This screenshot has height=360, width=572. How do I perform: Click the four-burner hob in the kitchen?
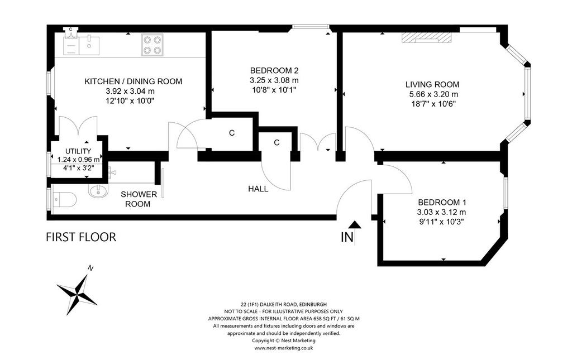[x=152, y=45]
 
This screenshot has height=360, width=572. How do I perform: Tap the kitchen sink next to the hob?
[x=89, y=45]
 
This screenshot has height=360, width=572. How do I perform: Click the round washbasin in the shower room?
[x=98, y=191]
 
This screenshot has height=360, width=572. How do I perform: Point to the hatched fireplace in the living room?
[x=427, y=37]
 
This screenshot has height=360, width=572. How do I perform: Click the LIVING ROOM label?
[x=432, y=84]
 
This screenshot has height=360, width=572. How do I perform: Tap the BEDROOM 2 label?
[x=274, y=70]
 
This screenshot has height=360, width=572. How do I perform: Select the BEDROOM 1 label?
[x=442, y=202]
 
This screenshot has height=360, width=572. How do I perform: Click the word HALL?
[x=258, y=189]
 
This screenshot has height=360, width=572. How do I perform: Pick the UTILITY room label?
[x=78, y=151]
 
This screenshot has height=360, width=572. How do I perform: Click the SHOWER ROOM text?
[x=139, y=199]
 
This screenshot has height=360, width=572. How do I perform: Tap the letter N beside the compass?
[x=90, y=268]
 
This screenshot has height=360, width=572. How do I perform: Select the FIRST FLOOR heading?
[x=81, y=237]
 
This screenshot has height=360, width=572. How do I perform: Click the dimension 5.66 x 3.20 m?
[x=433, y=94]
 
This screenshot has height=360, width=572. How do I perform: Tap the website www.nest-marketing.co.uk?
[x=284, y=348]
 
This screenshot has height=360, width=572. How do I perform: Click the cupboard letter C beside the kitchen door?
[x=232, y=133]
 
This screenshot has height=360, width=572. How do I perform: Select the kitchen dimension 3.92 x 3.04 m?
[x=130, y=91]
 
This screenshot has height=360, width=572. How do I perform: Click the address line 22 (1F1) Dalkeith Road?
[x=284, y=304]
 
